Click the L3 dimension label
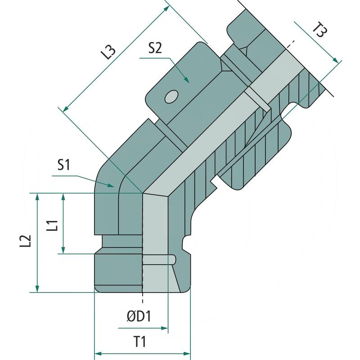pyautogui.click(x=108, y=53)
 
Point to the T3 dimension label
pyautogui.click(x=320, y=32)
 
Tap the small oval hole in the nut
pyautogui.click(x=171, y=97)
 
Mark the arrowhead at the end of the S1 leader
pyautogui.click(x=113, y=185)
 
